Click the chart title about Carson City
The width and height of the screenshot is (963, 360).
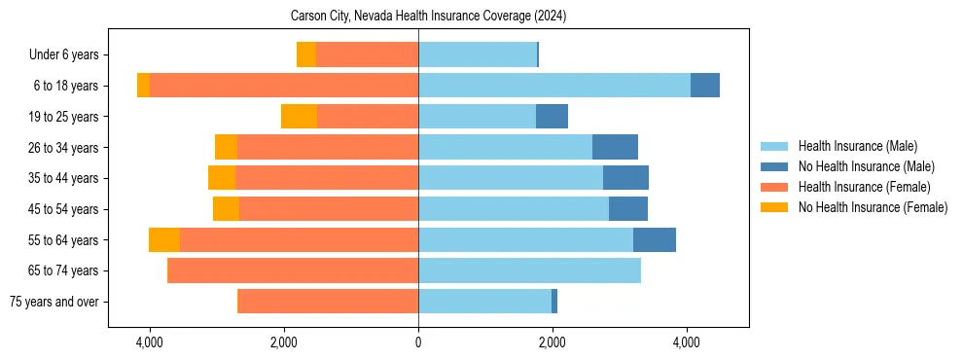[428, 17]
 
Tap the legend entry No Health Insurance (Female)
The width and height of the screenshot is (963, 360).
[873, 207]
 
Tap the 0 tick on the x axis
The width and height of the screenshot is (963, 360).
[418, 342]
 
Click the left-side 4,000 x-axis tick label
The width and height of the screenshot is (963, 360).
[150, 342]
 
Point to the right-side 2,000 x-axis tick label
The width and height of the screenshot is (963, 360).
[552, 342]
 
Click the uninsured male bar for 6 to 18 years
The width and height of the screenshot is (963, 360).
[705, 86]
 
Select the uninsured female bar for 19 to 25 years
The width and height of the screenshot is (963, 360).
[299, 117]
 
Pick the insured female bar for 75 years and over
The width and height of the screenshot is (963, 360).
[328, 302]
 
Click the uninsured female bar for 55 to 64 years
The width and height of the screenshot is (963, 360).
[164, 240]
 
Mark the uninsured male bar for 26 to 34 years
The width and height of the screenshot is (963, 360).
[615, 147]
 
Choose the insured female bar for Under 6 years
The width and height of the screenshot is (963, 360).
[367, 55]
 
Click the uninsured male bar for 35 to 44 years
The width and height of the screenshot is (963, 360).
[625, 178]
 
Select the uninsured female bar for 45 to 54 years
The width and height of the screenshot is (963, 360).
[226, 209]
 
